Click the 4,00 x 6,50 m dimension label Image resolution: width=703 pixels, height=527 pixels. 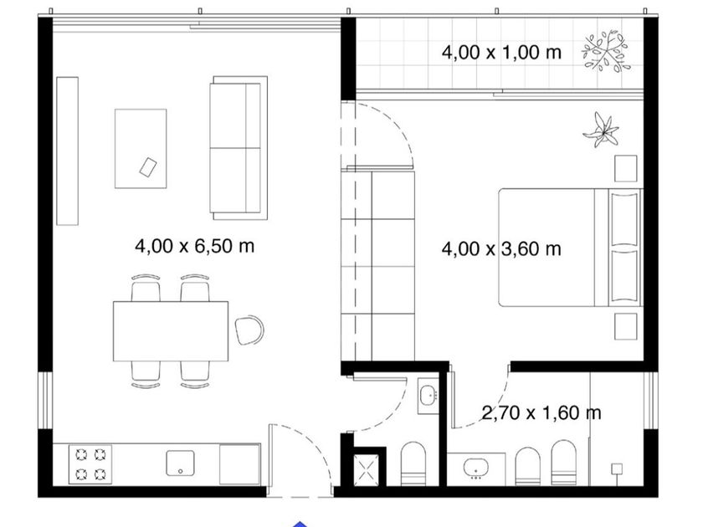194,246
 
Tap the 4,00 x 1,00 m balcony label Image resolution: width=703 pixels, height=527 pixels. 501,53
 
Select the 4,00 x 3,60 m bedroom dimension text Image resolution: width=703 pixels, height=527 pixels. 501,248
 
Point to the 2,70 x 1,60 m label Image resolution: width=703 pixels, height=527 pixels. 541,412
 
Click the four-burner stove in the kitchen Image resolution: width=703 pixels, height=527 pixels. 90,464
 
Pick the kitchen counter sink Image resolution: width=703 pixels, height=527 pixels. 180,463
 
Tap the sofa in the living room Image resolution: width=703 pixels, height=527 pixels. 239,148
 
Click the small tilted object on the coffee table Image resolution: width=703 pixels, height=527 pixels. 148,167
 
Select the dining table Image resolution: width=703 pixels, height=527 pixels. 171,331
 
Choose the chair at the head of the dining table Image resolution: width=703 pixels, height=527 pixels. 249,330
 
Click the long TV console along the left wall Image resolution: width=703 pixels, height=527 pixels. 67,151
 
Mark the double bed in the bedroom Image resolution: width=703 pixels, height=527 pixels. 571,248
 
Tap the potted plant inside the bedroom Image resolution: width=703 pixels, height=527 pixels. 601,130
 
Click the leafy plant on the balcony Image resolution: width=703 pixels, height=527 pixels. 606,52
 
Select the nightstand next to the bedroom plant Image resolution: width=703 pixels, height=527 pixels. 625,168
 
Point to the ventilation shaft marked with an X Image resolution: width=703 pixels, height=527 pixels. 367,470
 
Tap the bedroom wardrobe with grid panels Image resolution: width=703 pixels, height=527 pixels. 378,265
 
